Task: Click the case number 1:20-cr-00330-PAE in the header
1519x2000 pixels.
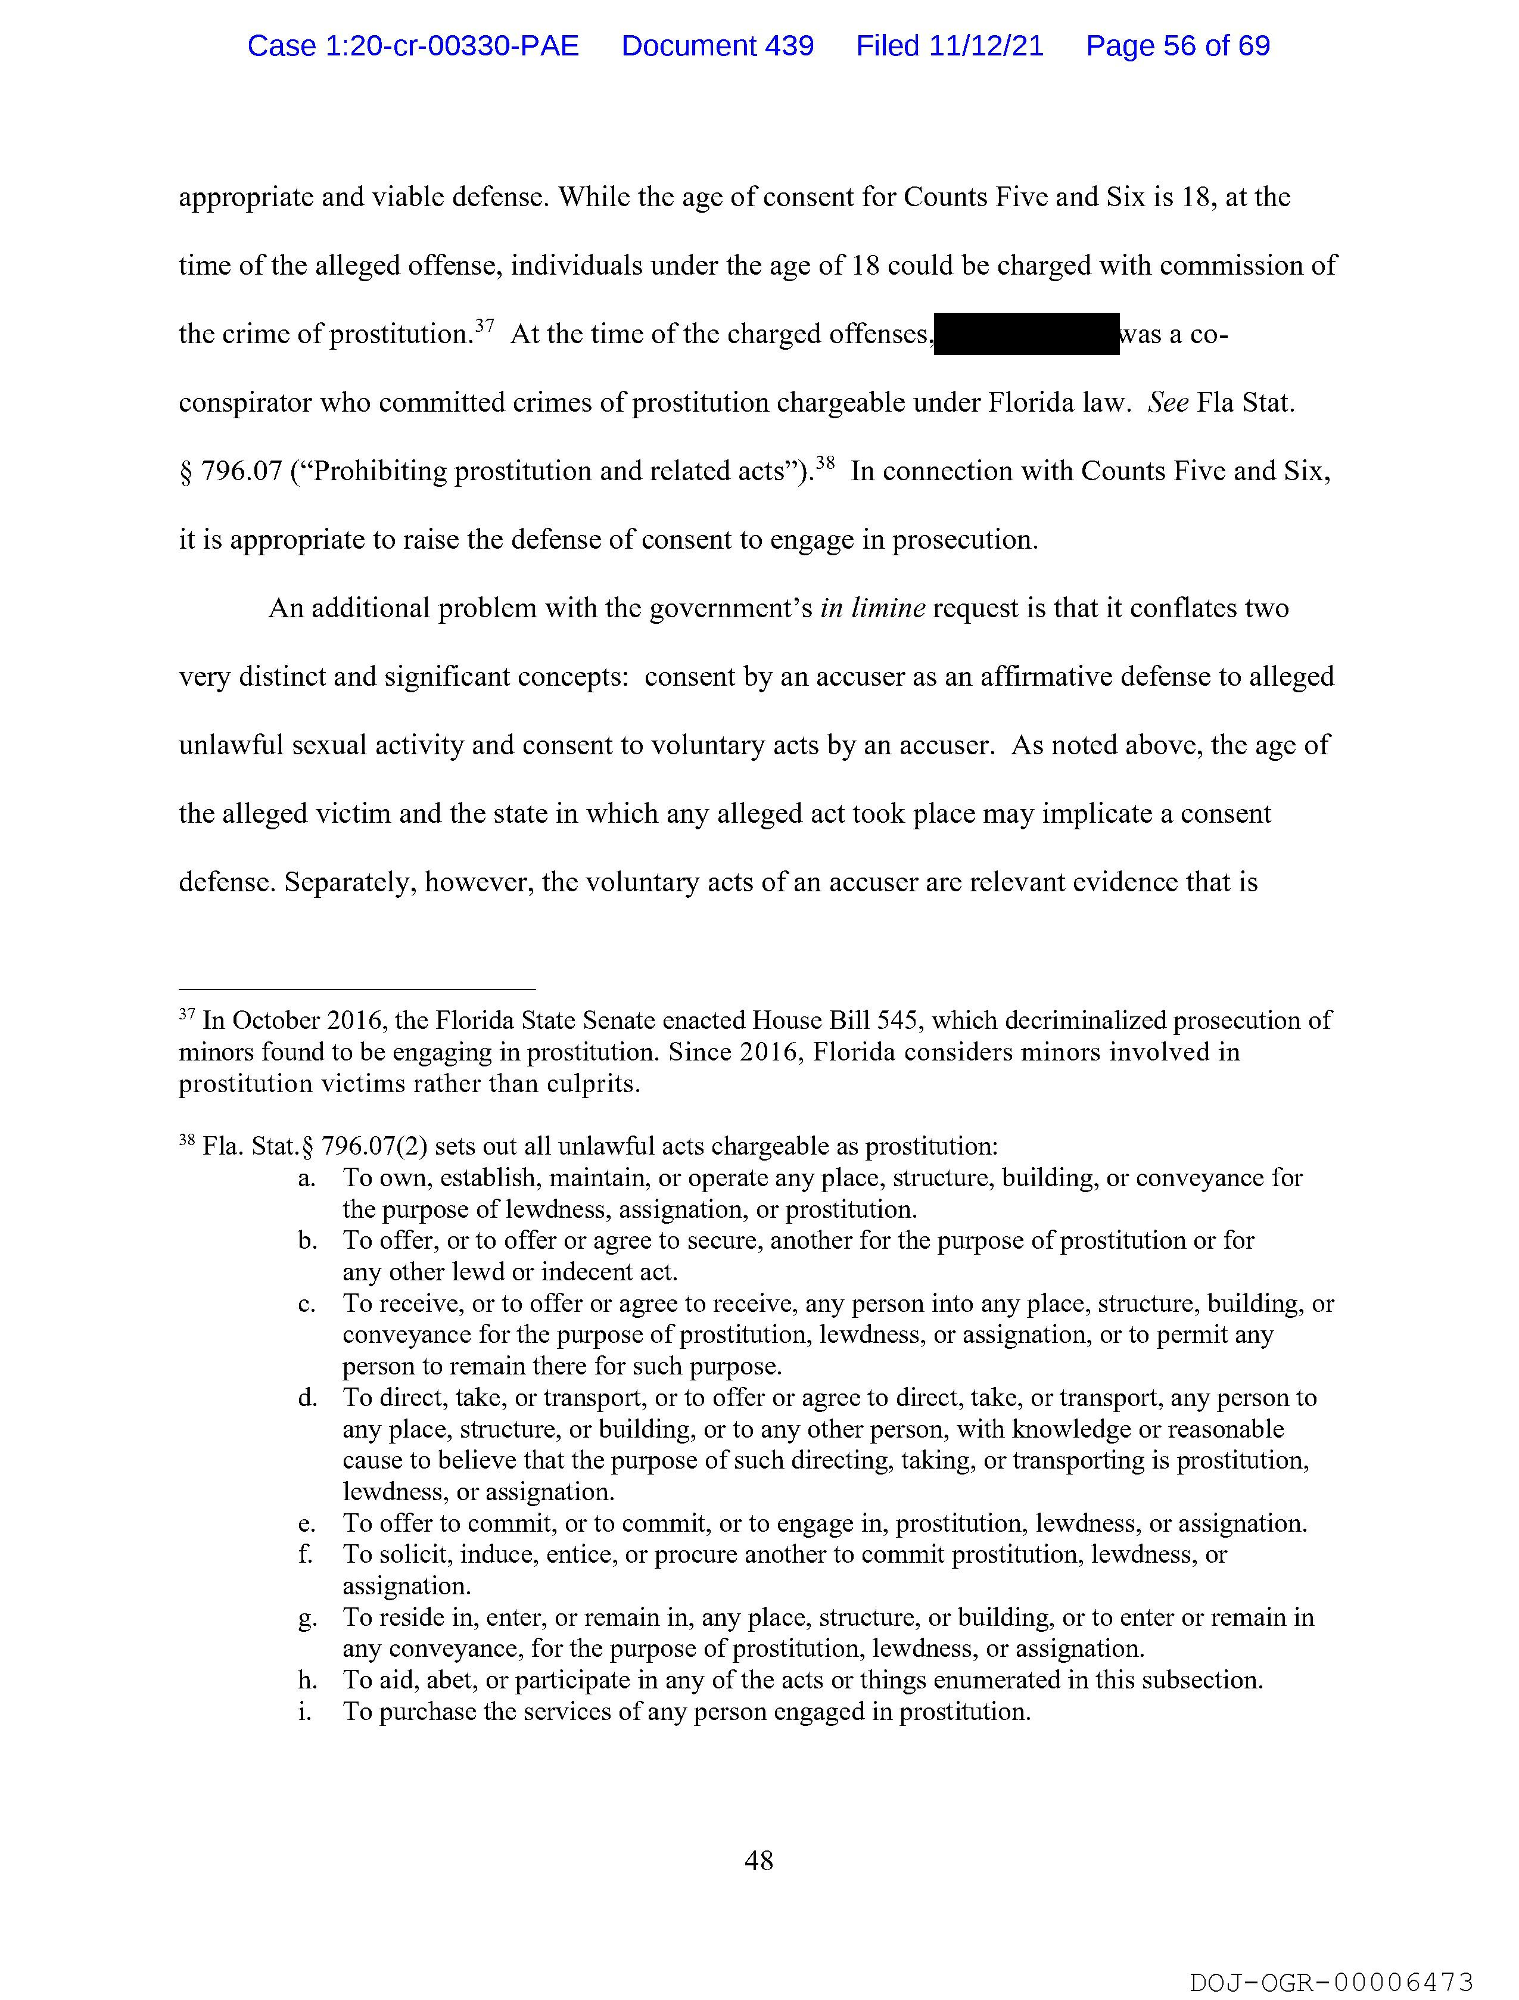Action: click(413, 45)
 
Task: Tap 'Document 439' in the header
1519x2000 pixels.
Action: click(717, 45)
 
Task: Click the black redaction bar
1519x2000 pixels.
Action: click(1026, 334)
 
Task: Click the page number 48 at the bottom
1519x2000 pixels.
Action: click(758, 1860)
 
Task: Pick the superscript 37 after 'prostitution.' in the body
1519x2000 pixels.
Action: click(485, 325)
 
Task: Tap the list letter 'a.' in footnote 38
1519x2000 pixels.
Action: click(307, 1178)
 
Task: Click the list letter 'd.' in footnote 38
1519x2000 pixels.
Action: click(307, 1398)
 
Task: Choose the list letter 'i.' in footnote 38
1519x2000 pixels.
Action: click(304, 1712)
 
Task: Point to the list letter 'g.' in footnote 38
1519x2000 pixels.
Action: click(307, 1618)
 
